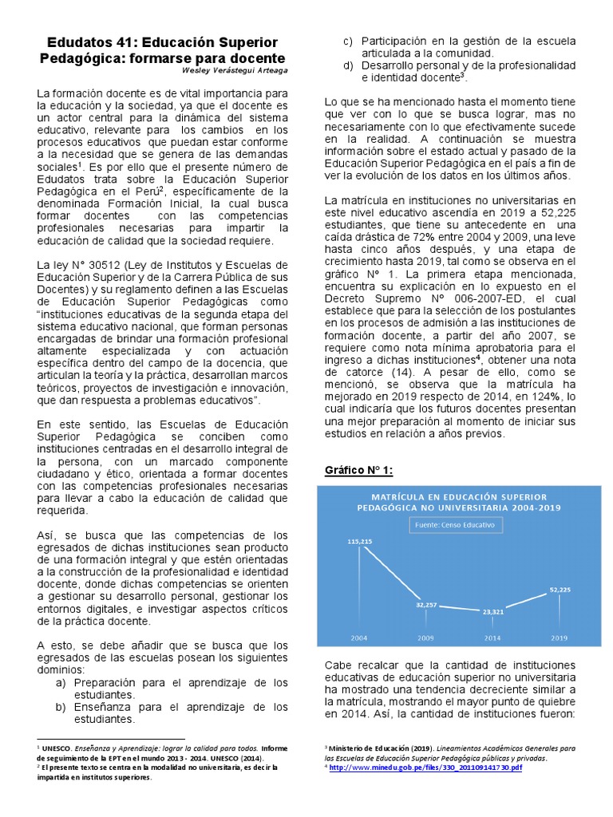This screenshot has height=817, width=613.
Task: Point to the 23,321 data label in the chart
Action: pos(492,611)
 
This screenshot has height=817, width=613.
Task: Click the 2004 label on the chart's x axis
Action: pos(360,637)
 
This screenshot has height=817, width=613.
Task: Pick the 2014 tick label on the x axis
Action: pos(492,637)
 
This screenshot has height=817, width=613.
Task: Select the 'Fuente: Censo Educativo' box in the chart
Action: pos(453,526)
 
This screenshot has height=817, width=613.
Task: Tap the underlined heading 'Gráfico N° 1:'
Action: pos(358,470)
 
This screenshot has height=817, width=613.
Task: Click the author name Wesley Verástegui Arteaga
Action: pos(237,71)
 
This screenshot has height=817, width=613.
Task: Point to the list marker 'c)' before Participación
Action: pos(347,41)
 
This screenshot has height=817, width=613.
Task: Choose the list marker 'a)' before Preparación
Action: pos(61,683)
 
